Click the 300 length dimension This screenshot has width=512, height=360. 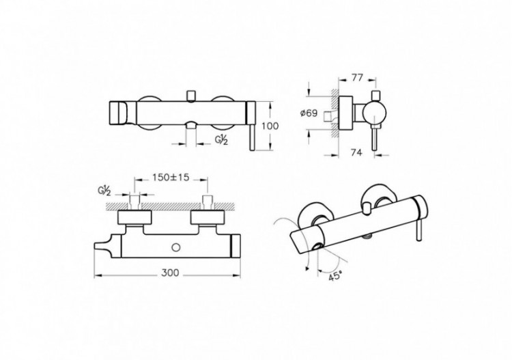coord(170,271)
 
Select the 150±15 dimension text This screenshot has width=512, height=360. coord(171,177)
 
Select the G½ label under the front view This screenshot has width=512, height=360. coord(221,141)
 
